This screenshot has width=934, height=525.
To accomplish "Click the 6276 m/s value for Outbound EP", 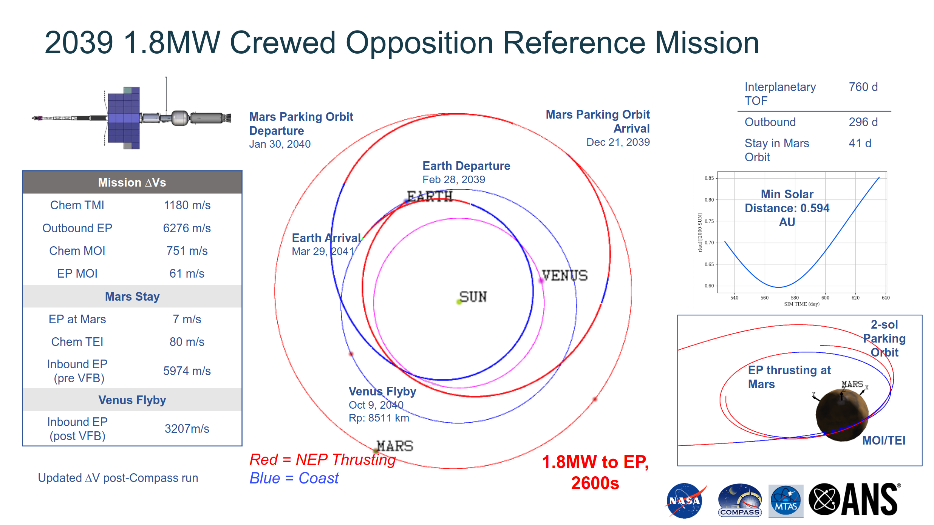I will tap(187, 228).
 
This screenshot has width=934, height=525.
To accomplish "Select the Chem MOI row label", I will tap(77, 251).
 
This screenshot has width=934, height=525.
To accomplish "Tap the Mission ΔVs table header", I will tap(132, 182).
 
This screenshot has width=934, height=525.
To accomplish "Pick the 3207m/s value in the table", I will tap(187, 429).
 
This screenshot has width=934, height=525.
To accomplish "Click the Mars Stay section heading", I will tap(132, 296).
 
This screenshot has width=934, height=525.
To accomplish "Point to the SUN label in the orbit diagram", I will tap(473, 297).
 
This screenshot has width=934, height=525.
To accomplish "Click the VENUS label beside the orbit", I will tap(565, 276).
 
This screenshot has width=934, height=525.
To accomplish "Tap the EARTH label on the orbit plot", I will tap(430, 196).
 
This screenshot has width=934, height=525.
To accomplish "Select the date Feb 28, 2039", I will tap(453, 179).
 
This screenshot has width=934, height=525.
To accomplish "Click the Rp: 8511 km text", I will tap(379, 418).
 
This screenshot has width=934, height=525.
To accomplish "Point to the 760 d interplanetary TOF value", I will tap(863, 87).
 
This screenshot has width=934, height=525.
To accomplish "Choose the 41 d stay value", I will tap(860, 143).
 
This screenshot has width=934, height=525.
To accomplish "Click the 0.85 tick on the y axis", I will tap(709, 178).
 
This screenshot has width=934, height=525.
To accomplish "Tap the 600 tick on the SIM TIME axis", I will tap(825, 298).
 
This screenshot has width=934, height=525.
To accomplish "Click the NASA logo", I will tap(685, 500).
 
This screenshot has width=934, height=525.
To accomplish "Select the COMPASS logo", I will tap(739, 500).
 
